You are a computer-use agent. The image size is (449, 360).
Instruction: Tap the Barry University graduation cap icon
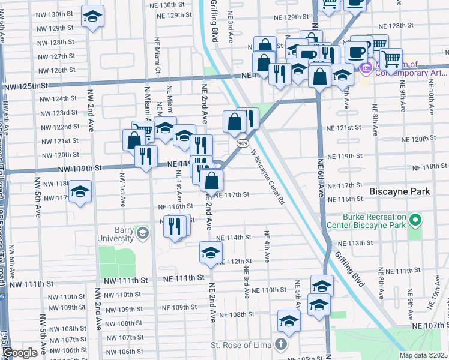point(143,233)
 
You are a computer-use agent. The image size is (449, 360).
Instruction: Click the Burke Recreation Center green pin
point(414,221)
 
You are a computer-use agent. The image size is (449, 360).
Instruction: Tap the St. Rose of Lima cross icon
point(280,344)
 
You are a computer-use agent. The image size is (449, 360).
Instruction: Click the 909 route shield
point(242,143)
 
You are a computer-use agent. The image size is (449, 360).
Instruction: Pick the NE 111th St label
point(184,278)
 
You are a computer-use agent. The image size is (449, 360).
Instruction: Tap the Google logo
point(20,353)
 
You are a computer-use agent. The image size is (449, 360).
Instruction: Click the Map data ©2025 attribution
point(423,355)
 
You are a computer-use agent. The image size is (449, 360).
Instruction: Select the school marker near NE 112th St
point(211,253)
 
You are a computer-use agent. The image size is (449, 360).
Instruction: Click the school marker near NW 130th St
point(92,16)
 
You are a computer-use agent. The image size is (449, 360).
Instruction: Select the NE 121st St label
point(344,128)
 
